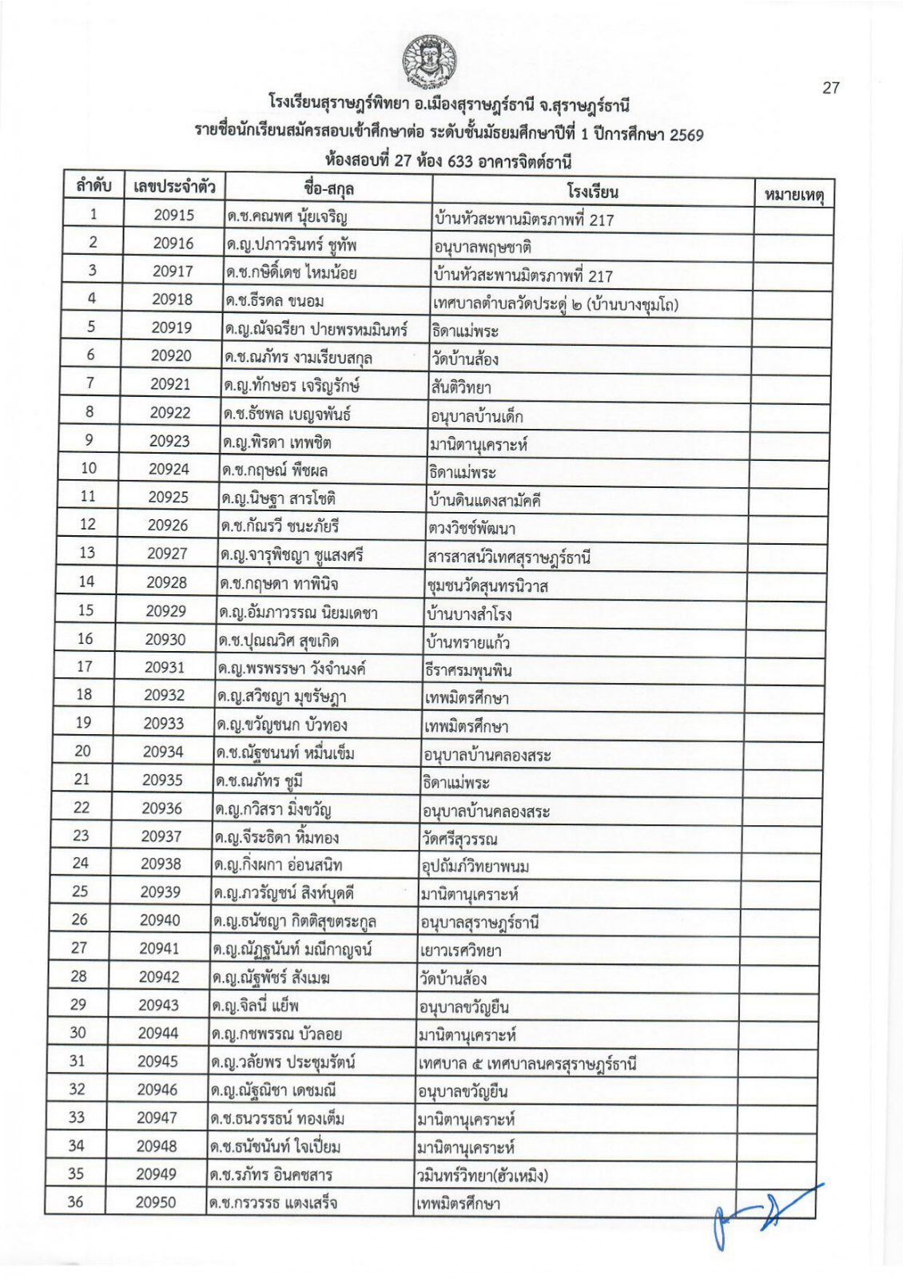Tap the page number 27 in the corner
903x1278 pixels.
tap(831, 88)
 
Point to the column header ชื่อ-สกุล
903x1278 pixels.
tap(329, 189)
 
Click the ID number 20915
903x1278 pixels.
tap(174, 215)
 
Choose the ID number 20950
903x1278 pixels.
tap(156, 1201)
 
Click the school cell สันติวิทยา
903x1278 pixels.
tap(460, 388)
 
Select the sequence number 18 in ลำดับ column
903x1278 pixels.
tap(84, 694)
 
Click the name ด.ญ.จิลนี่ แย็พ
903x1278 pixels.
tap(256, 1006)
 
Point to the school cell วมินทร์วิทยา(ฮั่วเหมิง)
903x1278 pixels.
tap(481, 1175)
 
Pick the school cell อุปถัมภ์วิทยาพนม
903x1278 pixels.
tap(475, 866)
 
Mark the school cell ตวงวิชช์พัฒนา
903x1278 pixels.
tap(471, 529)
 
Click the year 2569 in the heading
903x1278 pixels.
tap(685, 135)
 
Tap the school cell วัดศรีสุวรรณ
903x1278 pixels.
tap(459, 839)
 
